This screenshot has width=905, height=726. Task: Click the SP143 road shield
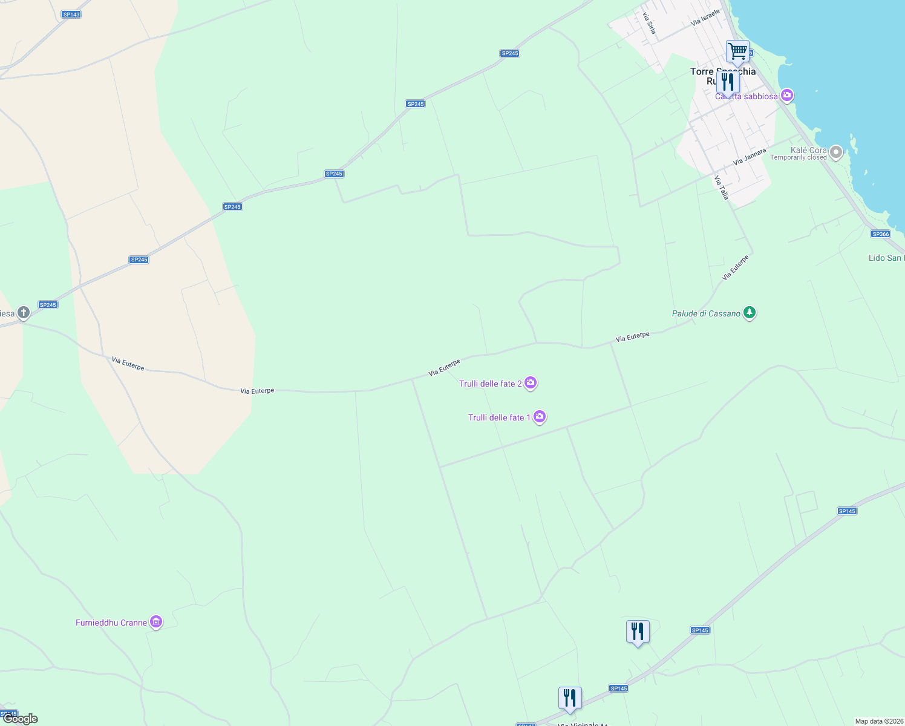click(x=71, y=14)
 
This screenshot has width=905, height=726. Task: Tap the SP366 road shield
click(x=880, y=234)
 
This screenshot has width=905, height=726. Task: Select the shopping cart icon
click(x=737, y=51)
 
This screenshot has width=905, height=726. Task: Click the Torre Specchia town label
click(x=722, y=72)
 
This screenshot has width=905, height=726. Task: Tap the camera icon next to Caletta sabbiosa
click(x=786, y=95)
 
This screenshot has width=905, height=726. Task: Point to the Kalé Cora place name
click(x=808, y=150)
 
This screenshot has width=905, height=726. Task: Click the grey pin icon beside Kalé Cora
click(x=836, y=152)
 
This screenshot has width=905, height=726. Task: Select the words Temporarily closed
click(x=798, y=158)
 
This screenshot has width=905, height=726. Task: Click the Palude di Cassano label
click(x=706, y=313)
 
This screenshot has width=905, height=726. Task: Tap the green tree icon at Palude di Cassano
click(x=750, y=313)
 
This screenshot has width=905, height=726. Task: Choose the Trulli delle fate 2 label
click(x=490, y=384)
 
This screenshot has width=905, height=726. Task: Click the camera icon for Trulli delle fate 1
click(x=540, y=417)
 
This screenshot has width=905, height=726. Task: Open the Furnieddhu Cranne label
click(x=111, y=623)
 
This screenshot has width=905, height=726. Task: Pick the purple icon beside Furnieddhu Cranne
click(x=156, y=622)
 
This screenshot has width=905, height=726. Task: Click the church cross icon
click(x=24, y=313)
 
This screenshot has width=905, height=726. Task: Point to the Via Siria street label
click(x=649, y=23)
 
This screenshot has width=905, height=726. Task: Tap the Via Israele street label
click(x=705, y=18)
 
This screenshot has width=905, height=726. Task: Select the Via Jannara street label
click(x=750, y=157)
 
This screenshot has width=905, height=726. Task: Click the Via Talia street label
click(x=722, y=188)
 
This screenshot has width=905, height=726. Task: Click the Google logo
click(x=21, y=719)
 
